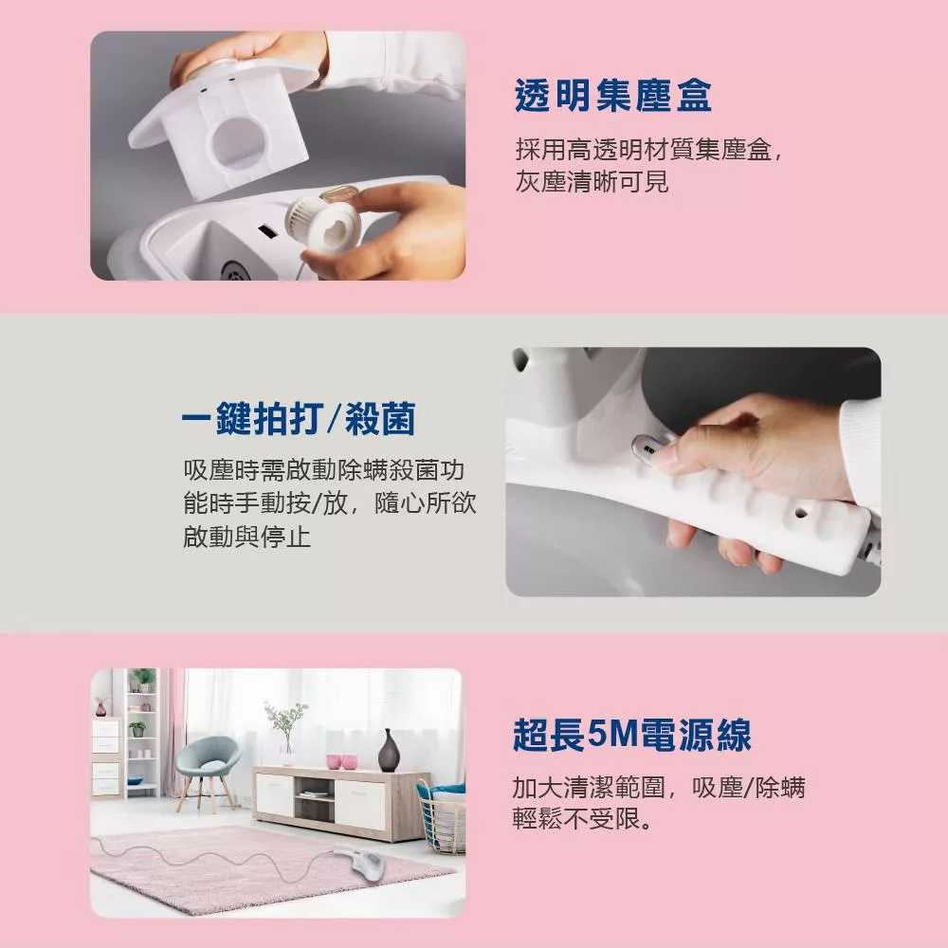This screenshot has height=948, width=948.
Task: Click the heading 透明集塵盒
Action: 612,96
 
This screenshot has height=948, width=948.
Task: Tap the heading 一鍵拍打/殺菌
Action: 299,418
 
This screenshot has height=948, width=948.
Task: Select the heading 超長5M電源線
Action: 631,736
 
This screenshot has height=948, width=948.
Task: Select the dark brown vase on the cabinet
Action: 388,750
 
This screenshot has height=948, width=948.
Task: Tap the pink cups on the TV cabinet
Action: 341,761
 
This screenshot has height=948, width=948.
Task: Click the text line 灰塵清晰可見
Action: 592,181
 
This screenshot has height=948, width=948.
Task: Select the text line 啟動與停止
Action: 246,537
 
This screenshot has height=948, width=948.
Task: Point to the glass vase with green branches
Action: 286,732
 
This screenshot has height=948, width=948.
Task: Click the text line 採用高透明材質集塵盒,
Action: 648,150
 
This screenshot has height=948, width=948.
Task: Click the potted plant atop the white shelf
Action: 143,680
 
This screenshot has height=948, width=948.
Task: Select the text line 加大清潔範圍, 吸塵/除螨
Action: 659,787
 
